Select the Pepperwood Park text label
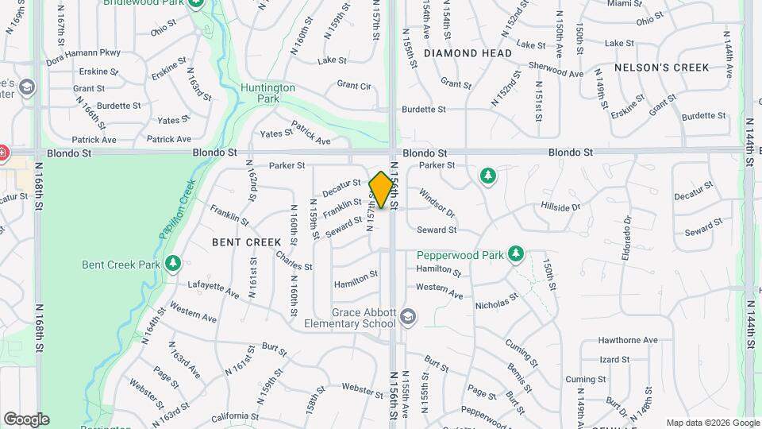pyautogui.click(x=460, y=256)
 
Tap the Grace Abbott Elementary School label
pyautogui.click(x=352, y=318)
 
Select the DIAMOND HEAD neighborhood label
pyautogui.click(x=468, y=53)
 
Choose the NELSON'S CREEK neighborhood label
pyautogui.click(x=661, y=68)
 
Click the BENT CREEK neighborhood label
pyautogui.click(x=246, y=242)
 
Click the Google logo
pyautogui.click(x=26, y=419)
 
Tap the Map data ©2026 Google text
pyautogui.click(x=712, y=423)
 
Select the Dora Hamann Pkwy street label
pyautogui.click(x=83, y=53)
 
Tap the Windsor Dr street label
pyautogui.click(x=437, y=203)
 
